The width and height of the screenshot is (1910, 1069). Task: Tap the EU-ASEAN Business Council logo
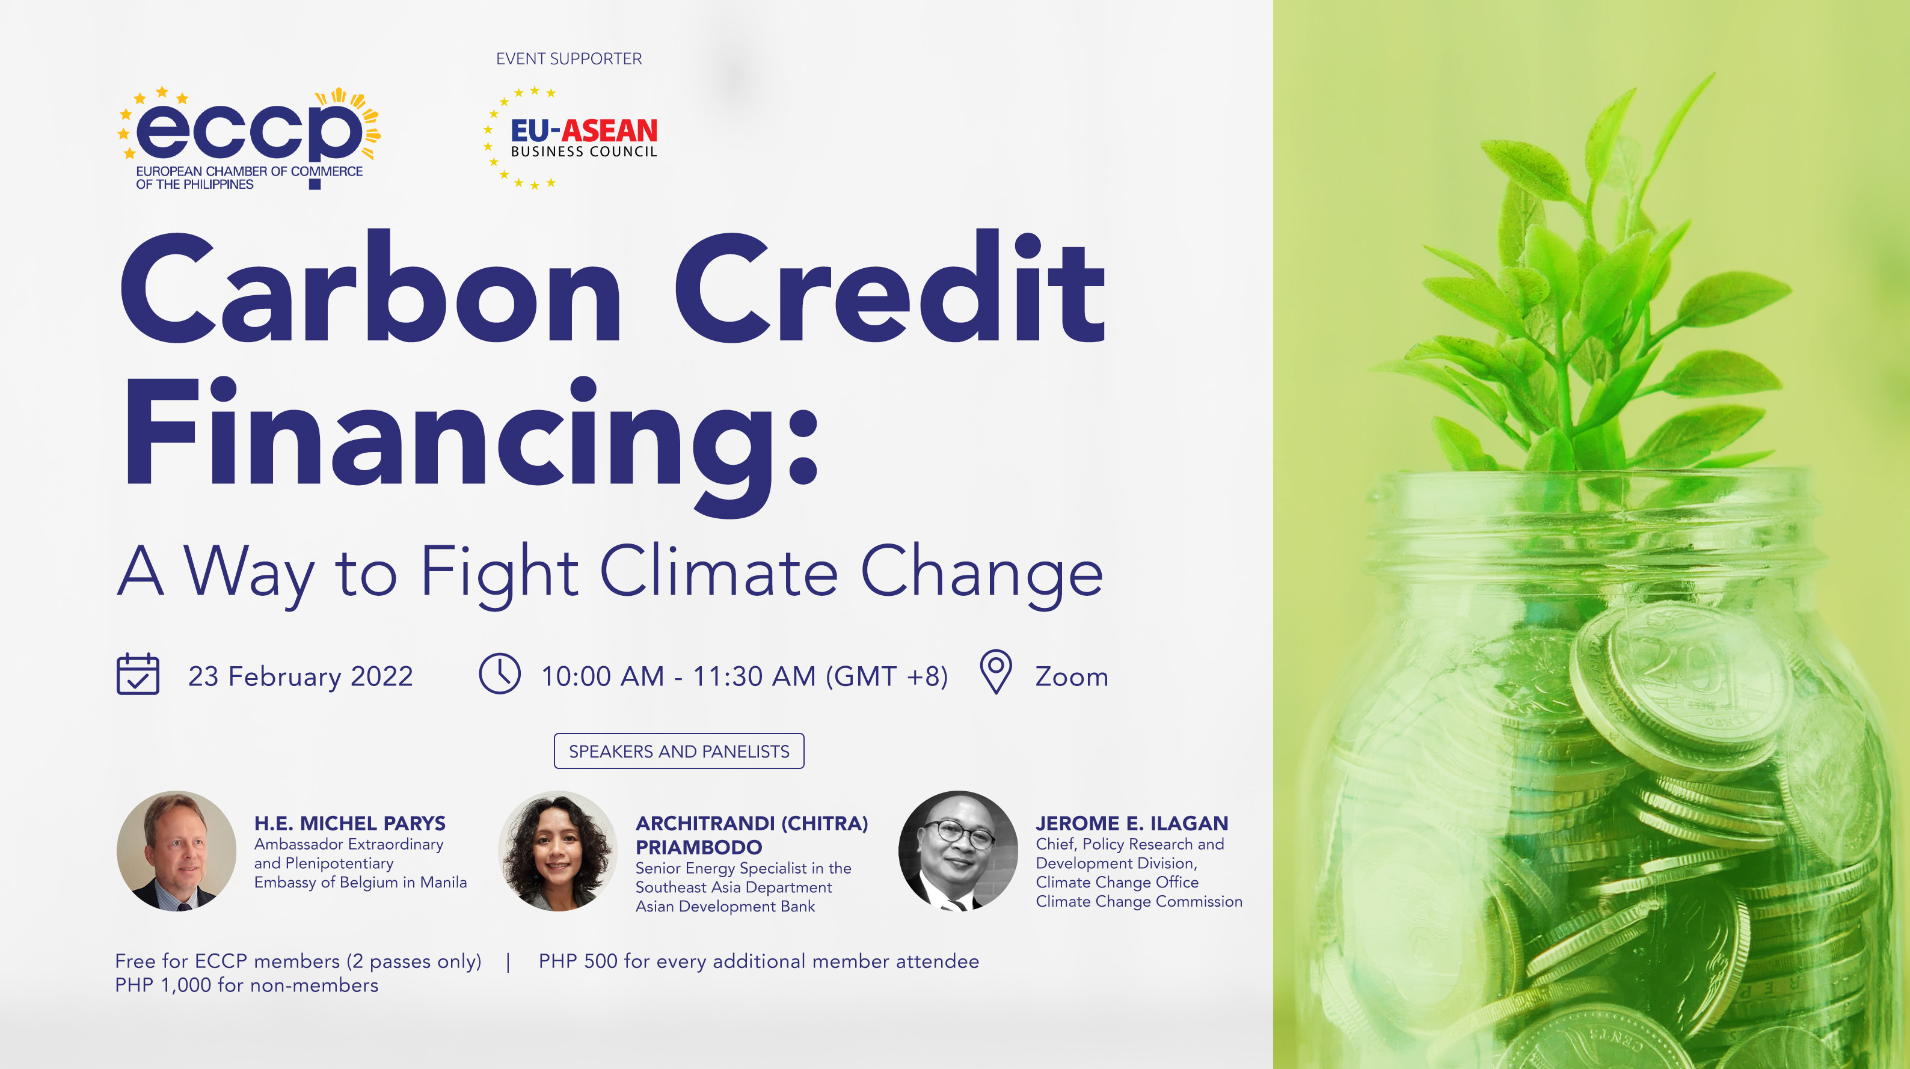coord(571,139)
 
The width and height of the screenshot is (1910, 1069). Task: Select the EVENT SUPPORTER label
coord(569,58)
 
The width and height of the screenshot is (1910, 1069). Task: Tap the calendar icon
coord(138,674)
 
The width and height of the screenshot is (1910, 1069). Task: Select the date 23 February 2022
coord(300,676)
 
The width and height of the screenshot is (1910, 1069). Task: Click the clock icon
coord(500,674)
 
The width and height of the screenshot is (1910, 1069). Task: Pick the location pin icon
coord(996,671)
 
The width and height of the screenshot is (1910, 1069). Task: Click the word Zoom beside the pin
coord(1072,677)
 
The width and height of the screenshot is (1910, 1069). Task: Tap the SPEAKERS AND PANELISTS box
coord(678,751)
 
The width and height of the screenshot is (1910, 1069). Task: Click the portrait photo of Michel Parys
coord(176,850)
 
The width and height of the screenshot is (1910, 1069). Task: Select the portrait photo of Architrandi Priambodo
coord(557,850)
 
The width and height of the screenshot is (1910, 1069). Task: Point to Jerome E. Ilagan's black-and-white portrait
coord(958,850)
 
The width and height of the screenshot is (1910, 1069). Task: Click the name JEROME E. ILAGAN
coord(1131,823)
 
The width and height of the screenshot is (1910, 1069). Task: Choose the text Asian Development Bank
coord(725,906)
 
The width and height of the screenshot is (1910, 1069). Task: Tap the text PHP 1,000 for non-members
coord(247,985)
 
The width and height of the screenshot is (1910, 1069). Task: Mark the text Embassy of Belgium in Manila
coord(360,882)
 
